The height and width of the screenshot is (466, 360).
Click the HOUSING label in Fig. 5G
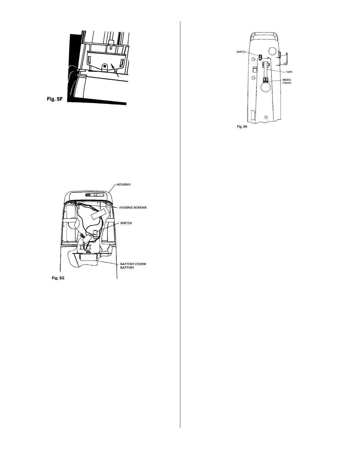tap(124, 184)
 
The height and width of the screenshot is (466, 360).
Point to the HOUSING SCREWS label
tap(133, 207)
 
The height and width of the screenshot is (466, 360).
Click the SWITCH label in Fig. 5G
tap(126, 223)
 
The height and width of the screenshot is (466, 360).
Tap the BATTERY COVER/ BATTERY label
tap(133, 266)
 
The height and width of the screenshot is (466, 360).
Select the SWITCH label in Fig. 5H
tap(241, 52)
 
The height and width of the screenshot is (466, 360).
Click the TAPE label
tap(289, 72)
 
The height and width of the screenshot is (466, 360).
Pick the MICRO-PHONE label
tap(287, 81)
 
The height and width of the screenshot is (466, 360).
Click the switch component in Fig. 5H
tap(260, 56)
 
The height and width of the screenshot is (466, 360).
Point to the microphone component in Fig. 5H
tap(266, 80)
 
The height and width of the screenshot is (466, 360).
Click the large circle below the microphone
tap(266, 88)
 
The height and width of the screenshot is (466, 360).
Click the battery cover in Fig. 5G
tap(87, 257)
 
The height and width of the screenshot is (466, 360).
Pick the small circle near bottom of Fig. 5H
tap(266, 117)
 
